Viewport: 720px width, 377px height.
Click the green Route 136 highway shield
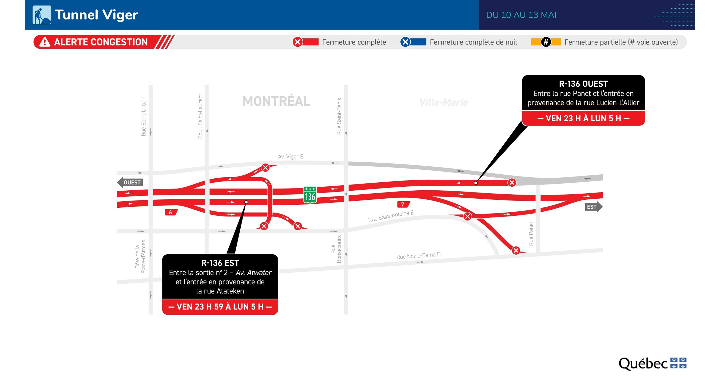(x=310, y=195)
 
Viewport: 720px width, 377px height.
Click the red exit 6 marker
(x=170, y=212)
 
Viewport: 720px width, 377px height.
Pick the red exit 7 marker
(x=403, y=204)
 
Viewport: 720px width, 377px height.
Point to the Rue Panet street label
(x=531, y=234)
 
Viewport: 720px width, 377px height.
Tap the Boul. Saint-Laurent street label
(x=200, y=116)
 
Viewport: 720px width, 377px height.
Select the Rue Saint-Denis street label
(x=339, y=116)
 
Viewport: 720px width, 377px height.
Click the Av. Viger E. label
(x=291, y=157)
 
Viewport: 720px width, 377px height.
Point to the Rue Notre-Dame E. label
(x=419, y=255)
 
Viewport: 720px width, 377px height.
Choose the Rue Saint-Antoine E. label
(x=391, y=216)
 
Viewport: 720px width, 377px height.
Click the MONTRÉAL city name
(x=276, y=101)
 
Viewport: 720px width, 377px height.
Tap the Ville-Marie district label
(x=444, y=102)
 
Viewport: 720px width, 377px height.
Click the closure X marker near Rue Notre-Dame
(x=516, y=250)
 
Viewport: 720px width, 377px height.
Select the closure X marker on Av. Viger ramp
(x=265, y=167)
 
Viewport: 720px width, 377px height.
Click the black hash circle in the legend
(x=546, y=42)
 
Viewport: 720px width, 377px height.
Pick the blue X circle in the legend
(x=405, y=42)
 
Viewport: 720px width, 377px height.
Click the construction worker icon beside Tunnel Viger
(x=42, y=15)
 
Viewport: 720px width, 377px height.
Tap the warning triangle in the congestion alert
(x=45, y=42)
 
